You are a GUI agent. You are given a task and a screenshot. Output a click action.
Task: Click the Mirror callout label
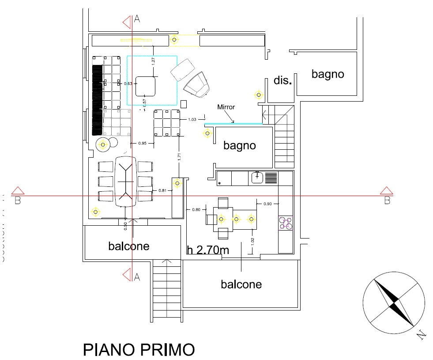pos(226,107)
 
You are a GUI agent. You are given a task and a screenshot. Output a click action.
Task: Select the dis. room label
pos(283,80)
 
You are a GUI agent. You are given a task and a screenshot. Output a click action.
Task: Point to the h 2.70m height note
pos(208,250)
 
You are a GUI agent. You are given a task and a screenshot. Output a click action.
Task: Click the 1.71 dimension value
pos(178,156)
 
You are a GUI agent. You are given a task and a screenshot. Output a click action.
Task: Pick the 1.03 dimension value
pos(192,119)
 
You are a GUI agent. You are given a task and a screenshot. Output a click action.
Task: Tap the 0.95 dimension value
pos(142,144)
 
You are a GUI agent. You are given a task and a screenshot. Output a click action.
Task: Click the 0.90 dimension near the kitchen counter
pos(267,204)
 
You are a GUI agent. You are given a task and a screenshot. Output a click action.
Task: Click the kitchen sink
pos(257,178)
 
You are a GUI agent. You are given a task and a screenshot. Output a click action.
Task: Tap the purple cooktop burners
pos(285,223)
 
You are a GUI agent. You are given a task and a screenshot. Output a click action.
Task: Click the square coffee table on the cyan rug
pos(145,86)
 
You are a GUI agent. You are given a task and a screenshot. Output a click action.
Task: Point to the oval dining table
pos(125,181)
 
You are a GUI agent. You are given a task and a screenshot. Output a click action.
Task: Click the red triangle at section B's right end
pos(387,191)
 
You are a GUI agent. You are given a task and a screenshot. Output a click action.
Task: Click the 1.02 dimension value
pos(252,242)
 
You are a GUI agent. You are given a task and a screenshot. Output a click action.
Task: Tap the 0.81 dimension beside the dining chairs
pos(162,191)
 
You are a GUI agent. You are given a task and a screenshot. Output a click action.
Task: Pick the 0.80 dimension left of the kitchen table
pos(196,209)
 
